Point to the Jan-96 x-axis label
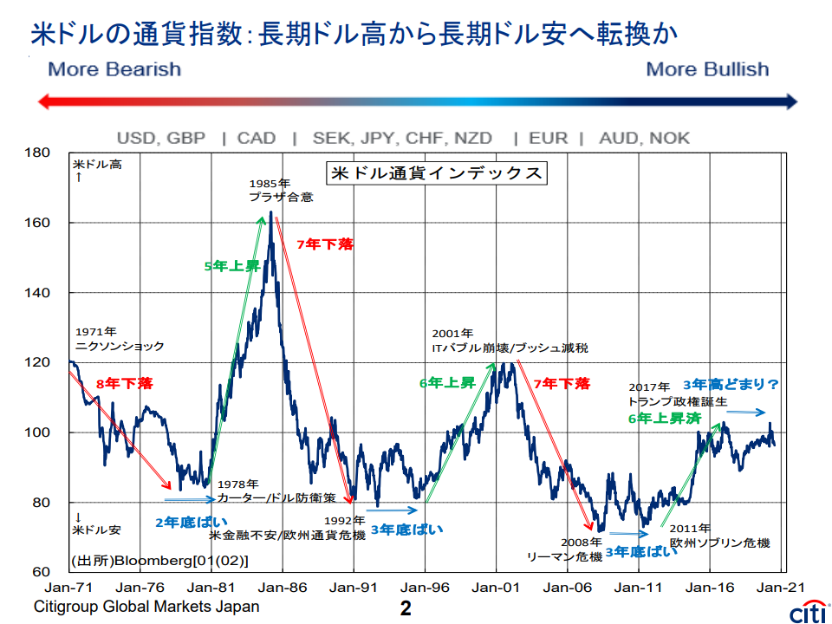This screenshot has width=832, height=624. pyautogui.click(x=425, y=587)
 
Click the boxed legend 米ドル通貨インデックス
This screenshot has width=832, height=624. pyautogui.click(x=436, y=173)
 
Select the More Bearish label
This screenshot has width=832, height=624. pyautogui.click(x=114, y=69)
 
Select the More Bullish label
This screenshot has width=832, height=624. pyautogui.click(x=707, y=69)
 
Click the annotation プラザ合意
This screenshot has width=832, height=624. pyautogui.click(x=281, y=197)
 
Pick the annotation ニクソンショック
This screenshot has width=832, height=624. pyautogui.click(x=120, y=346)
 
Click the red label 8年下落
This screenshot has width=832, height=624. pyautogui.click(x=125, y=383)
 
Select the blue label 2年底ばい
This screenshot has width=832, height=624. pyautogui.click(x=192, y=522)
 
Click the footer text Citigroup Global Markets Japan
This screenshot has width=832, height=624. pyautogui.click(x=146, y=607)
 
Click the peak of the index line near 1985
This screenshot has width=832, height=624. pyautogui.click(x=271, y=211)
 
